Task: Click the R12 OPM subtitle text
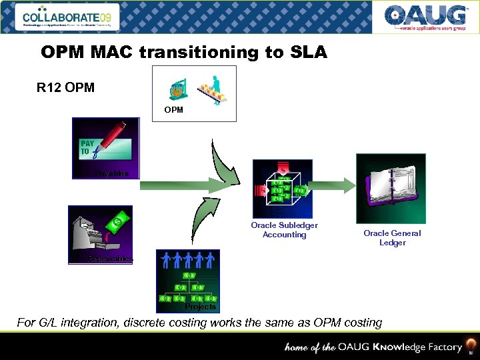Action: (65, 88)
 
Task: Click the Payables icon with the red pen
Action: (106, 149)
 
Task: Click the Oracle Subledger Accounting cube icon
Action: (282, 189)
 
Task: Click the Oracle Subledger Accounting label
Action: (284, 230)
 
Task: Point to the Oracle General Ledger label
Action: (392, 238)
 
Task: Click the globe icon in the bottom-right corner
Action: (471, 346)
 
